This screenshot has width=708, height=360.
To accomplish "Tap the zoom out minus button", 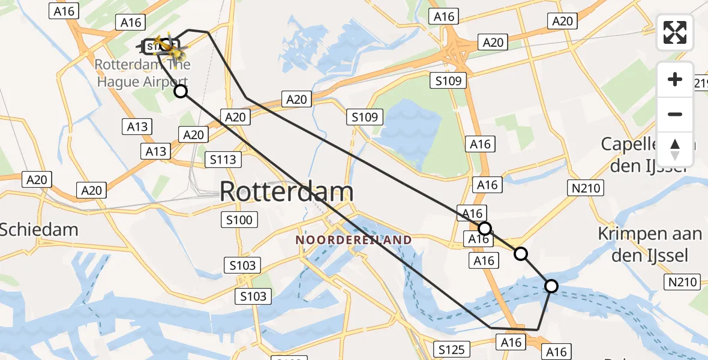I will (x=675, y=114).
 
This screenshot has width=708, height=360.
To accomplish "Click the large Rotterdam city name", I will (x=286, y=192).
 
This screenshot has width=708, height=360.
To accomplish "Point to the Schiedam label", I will (x=39, y=229).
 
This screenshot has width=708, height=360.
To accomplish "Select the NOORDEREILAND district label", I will (x=353, y=240).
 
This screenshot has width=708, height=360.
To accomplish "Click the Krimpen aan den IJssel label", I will (x=650, y=245).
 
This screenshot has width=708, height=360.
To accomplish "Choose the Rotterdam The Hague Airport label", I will (x=143, y=73).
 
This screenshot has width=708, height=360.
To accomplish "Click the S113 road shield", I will (x=223, y=160).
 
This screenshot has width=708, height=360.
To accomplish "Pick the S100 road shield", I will (x=239, y=220).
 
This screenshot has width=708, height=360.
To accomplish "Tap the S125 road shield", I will (x=452, y=349).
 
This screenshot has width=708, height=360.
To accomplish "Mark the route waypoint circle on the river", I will (x=551, y=286).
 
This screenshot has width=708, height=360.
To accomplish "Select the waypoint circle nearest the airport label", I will (x=180, y=91).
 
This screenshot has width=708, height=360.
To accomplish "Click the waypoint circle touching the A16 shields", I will (x=484, y=228).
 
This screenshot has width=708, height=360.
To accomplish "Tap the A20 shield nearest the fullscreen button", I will (x=562, y=22).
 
